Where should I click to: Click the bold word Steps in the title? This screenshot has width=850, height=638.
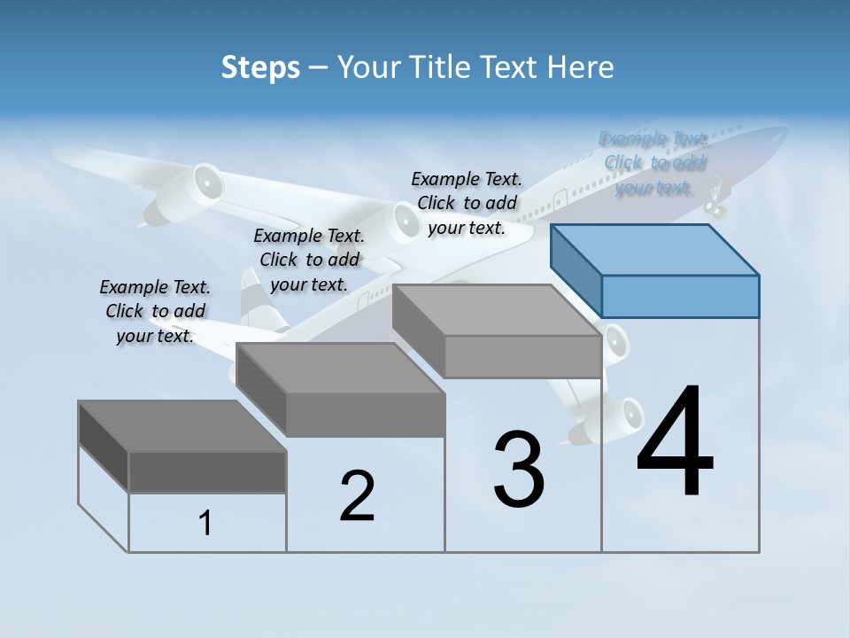point(260,67)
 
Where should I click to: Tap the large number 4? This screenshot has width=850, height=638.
point(675,443)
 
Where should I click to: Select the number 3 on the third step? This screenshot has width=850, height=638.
point(518,470)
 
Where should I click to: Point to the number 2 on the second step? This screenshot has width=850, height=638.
point(357,496)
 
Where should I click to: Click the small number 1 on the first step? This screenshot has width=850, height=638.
point(205,524)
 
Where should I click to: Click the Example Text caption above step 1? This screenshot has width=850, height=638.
point(155,311)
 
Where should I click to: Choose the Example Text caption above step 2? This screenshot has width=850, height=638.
point(309,260)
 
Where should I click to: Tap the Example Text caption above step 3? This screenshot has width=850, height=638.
point(467,203)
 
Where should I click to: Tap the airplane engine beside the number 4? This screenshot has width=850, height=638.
point(620,416)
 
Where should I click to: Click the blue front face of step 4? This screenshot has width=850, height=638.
point(680,296)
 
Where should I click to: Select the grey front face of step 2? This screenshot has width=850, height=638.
point(366,415)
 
